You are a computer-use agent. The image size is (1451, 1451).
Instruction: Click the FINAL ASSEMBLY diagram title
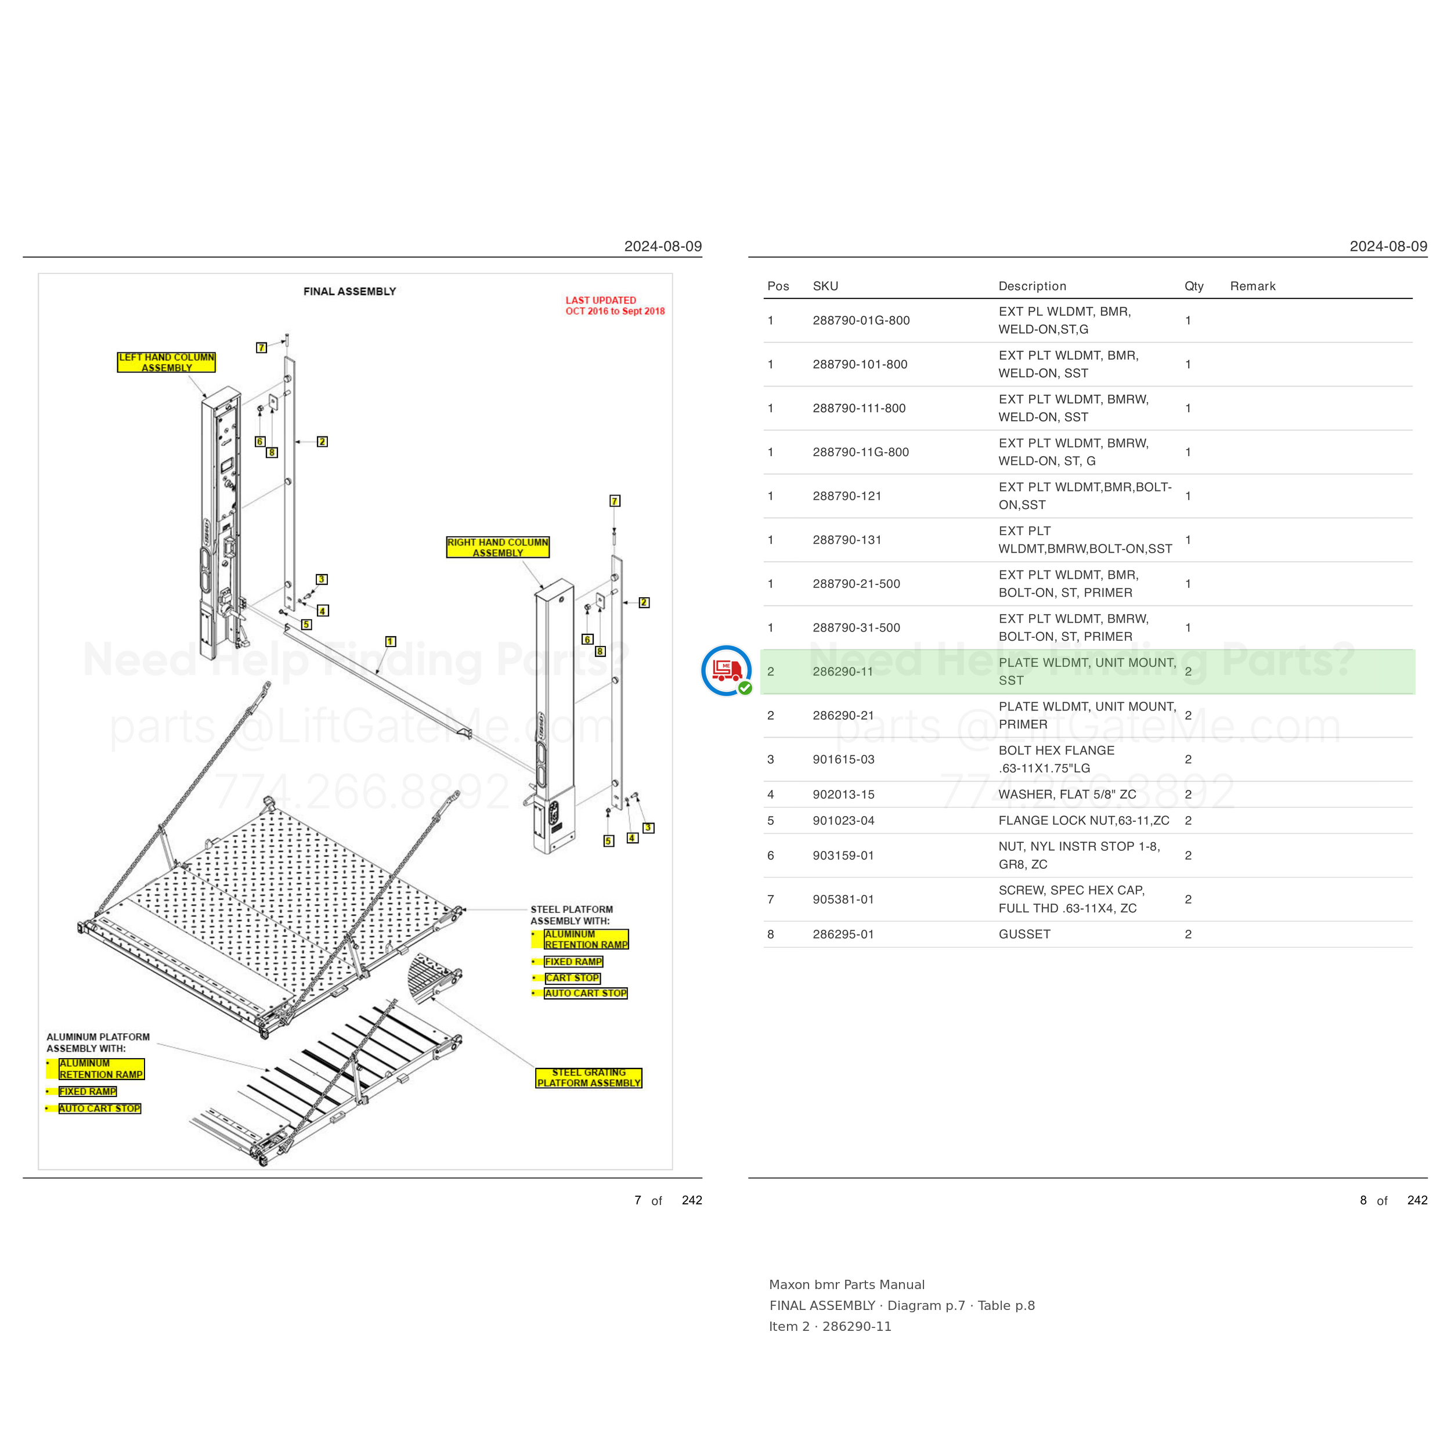[349, 291]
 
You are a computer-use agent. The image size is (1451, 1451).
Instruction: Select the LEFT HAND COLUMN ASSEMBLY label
[167, 362]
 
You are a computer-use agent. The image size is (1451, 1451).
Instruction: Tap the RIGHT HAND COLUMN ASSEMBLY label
[498, 547]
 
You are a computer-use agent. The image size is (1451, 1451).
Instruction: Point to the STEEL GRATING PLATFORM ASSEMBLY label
[589, 1078]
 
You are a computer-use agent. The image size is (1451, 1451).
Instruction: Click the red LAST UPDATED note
[615, 306]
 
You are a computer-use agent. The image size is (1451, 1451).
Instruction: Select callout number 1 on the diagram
[391, 641]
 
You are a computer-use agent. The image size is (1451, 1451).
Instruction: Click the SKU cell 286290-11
[843, 672]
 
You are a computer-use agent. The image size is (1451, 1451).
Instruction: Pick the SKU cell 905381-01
[843, 899]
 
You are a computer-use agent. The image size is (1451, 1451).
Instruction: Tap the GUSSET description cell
[1024, 934]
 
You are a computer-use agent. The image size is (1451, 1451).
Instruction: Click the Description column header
[1032, 286]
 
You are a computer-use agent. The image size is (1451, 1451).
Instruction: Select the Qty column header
[1194, 286]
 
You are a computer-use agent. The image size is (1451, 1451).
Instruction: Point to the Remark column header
[1253, 286]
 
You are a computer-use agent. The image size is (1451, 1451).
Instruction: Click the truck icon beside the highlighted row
[726, 670]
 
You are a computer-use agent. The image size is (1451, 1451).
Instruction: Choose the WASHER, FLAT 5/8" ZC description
[1067, 795]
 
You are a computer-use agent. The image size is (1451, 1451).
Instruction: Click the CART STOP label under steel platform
[572, 978]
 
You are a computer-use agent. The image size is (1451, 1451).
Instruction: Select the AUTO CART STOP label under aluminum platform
[100, 1109]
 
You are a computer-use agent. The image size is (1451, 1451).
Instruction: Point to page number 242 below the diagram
[692, 1200]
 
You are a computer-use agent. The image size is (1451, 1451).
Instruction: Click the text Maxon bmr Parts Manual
[846, 1284]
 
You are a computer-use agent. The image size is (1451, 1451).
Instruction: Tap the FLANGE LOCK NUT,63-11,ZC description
[1084, 821]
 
